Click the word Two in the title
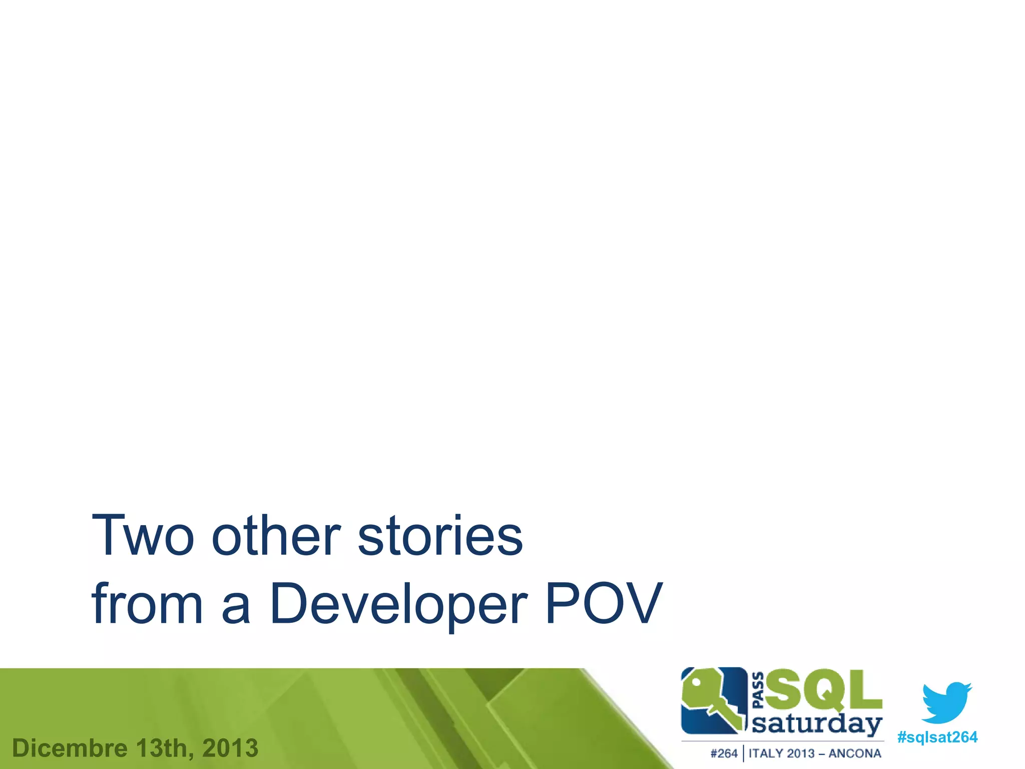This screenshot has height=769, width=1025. [142, 536]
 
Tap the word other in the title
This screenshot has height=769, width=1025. [276, 536]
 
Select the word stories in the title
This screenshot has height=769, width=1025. [440, 536]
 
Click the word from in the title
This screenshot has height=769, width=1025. [147, 604]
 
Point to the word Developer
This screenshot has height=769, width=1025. [398, 604]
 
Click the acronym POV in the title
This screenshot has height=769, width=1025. [604, 604]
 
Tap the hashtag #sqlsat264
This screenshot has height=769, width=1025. [937, 737]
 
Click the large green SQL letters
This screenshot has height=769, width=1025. [823, 690]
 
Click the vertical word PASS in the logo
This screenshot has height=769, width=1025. [758, 690]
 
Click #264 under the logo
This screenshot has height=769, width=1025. [723, 753]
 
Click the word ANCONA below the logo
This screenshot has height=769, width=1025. [854, 753]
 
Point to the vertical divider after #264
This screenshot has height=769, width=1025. [743, 753]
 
